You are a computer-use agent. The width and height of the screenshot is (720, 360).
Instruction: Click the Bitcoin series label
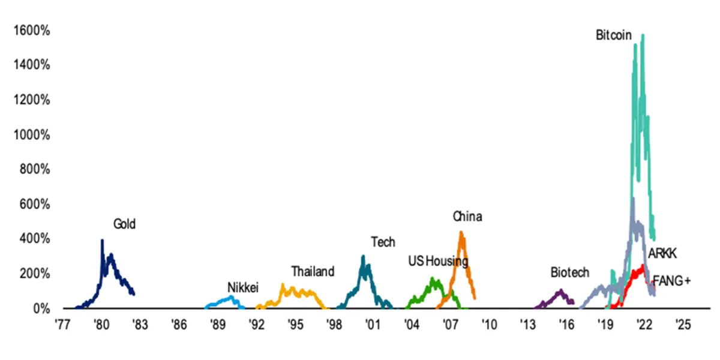pyautogui.click(x=613, y=35)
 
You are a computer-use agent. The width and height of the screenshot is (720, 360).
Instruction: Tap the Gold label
pyautogui.click(x=125, y=224)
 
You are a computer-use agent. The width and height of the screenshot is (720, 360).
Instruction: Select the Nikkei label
pyautogui.click(x=242, y=288)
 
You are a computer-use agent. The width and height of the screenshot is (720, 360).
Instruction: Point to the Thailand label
pyautogui.click(x=313, y=272)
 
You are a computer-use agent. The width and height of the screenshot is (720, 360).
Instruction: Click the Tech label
pyautogui.click(x=383, y=242)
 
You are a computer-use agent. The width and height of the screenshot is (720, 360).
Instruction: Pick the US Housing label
pyautogui.click(x=438, y=261)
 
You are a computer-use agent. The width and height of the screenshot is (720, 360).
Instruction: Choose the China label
pyautogui.click(x=467, y=217)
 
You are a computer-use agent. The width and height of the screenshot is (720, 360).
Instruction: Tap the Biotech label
pyautogui.click(x=570, y=272)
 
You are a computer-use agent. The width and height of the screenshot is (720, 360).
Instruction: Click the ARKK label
pyautogui.click(x=662, y=254)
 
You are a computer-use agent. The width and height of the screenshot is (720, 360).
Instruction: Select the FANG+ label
pyautogui.click(x=671, y=280)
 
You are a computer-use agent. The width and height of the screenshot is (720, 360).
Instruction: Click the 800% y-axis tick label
pyautogui.click(x=30, y=169)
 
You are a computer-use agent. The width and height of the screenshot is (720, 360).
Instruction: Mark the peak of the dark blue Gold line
pyautogui.click(x=102, y=241)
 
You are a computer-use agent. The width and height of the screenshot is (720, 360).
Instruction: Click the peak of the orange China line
pyautogui.click(x=461, y=232)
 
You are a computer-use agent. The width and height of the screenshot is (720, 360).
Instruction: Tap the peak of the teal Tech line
pyautogui.click(x=363, y=257)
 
